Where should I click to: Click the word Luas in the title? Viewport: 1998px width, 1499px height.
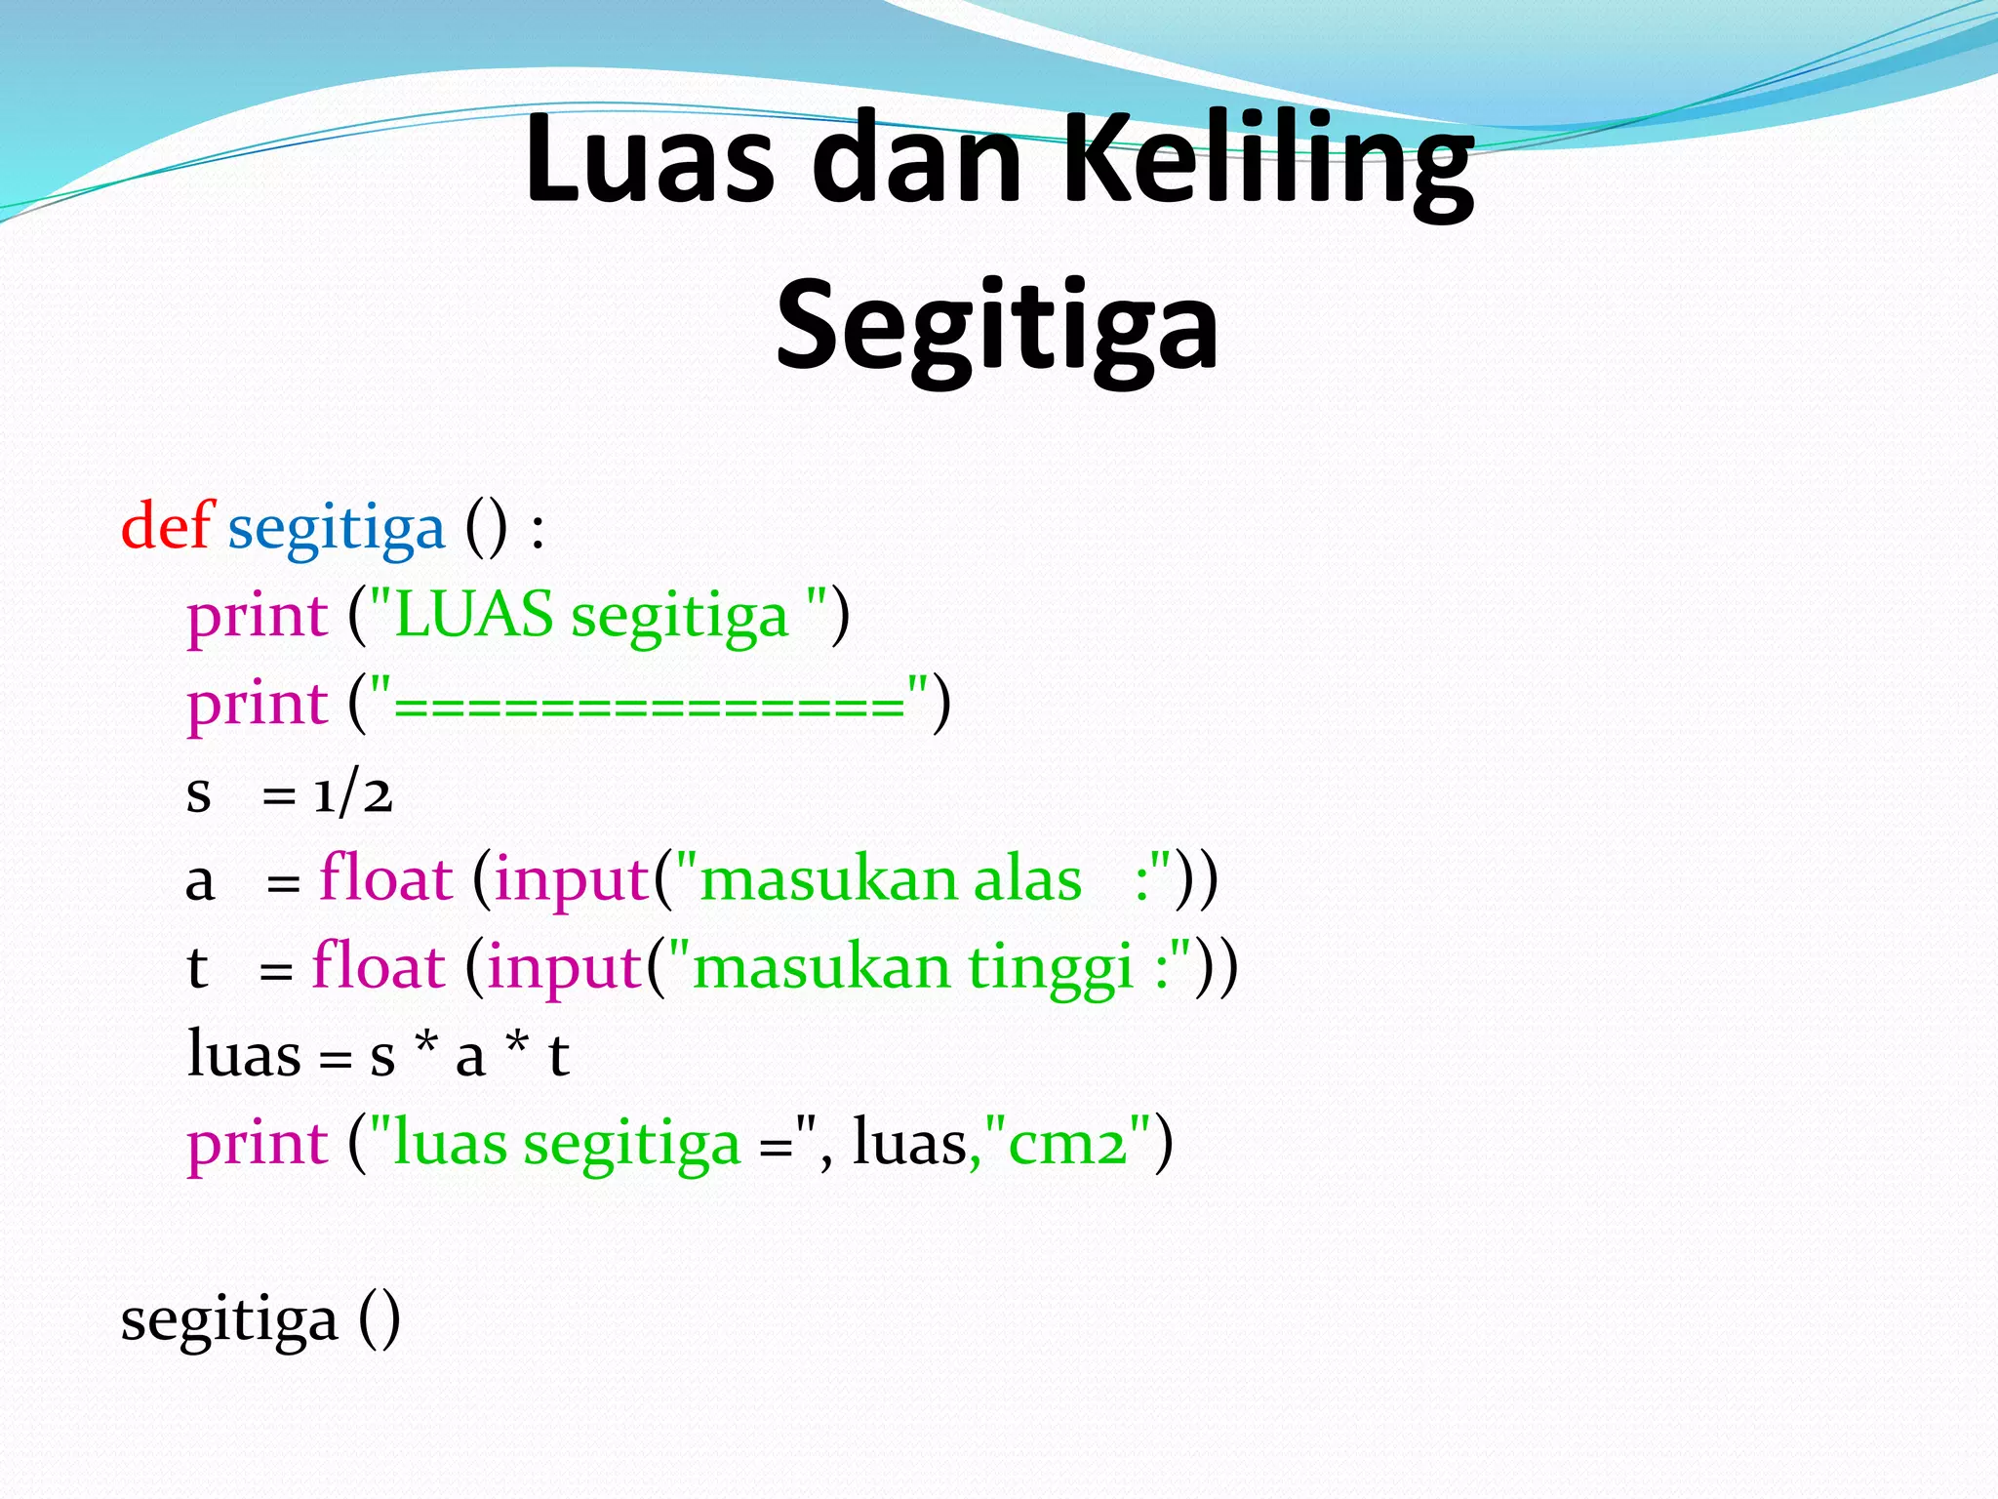coord(649,158)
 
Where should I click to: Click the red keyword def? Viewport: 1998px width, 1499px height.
coord(166,526)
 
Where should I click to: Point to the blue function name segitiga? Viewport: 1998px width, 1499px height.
coord(336,530)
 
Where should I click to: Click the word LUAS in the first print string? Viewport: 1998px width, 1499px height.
coord(474,615)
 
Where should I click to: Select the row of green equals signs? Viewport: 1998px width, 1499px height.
coord(650,705)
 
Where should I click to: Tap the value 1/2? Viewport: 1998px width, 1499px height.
coord(352,792)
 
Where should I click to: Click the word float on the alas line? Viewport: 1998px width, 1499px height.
coord(385,878)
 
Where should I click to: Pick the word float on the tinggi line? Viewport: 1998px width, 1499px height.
coord(379,966)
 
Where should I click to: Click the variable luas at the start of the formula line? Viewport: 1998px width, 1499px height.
coord(243,1055)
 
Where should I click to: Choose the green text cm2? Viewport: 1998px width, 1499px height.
coord(1067,1143)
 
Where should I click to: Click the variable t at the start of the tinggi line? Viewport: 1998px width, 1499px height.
coord(197,967)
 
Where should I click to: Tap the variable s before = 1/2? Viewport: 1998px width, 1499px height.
coord(198,793)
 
